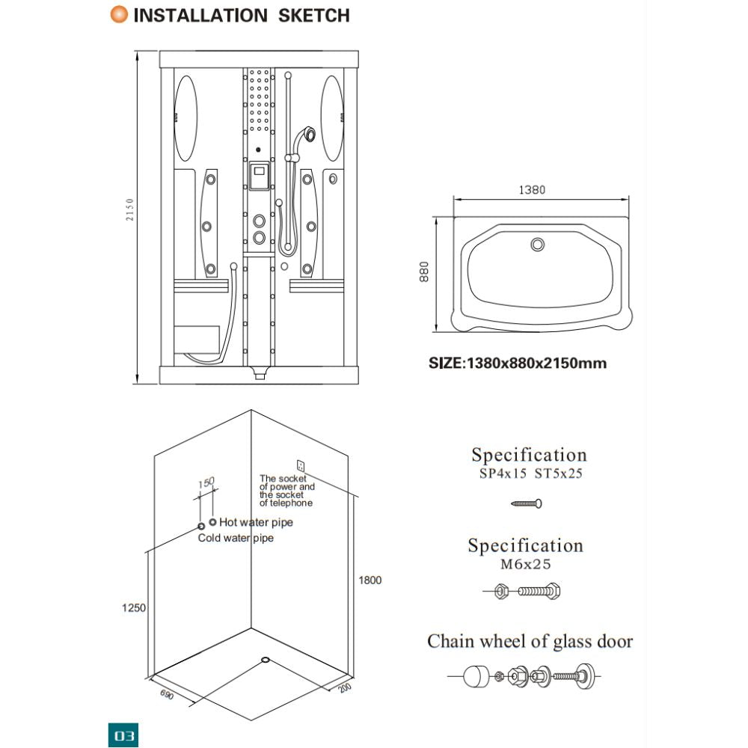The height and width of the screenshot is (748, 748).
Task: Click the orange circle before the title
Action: pos(118,14)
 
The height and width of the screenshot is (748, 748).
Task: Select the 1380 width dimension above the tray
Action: pos(532,190)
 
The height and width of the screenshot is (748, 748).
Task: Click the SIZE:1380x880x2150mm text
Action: pos(517,364)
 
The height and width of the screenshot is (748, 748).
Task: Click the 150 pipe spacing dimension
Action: pos(207,482)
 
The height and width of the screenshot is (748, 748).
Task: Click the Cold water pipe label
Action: pos(236,538)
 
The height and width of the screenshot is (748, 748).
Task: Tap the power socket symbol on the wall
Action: pos(301,465)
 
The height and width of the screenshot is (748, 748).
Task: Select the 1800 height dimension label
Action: pos(370,580)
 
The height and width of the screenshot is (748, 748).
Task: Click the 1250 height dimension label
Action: pos(135,608)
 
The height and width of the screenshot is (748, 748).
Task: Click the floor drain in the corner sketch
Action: pos(266,660)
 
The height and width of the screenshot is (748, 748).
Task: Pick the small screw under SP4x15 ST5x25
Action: pos(527,503)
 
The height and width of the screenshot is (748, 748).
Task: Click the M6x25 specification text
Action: pos(525,564)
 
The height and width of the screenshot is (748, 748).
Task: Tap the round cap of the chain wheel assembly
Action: pos(475,677)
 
